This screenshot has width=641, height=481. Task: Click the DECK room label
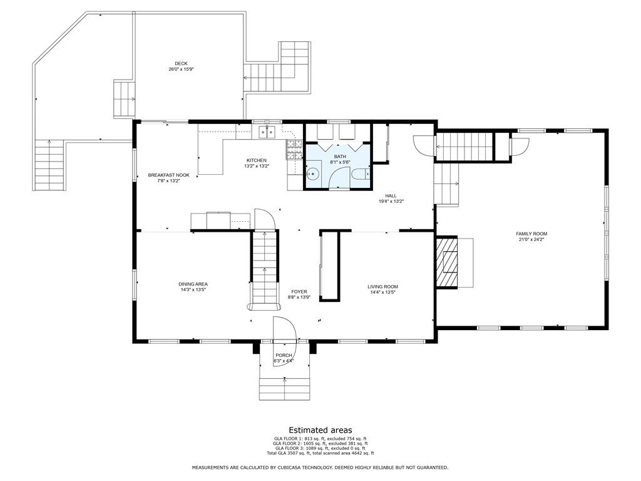tap(181, 63)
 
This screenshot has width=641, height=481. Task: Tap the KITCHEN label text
tap(256, 161)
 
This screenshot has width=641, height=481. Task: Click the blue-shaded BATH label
tap(339, 157)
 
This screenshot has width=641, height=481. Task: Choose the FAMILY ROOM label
tap(531, 234)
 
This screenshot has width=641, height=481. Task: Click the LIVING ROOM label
tap(382, 287)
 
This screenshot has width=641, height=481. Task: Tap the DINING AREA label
tap(193, 284)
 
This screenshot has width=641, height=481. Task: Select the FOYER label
tap(299, 292)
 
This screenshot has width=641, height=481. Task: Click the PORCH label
tap(284, 355)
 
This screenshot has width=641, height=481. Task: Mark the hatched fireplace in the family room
tap(448, 262)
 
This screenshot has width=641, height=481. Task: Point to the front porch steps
tap(285, 388)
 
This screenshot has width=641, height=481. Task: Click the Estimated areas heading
tap(320, 430)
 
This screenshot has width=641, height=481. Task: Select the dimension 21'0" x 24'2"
tap(531, 240)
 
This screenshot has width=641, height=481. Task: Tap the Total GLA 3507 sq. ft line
tap(320, 453)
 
